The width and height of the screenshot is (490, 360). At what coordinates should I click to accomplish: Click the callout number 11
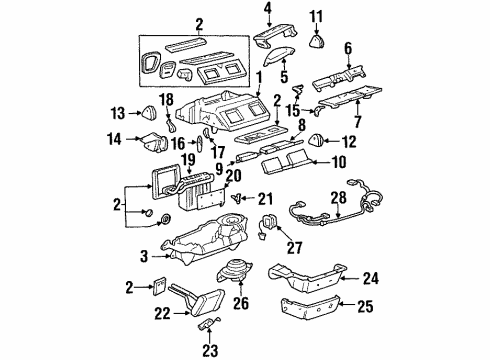pos(317,15)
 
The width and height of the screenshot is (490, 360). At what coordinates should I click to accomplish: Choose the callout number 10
pos(337,162)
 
